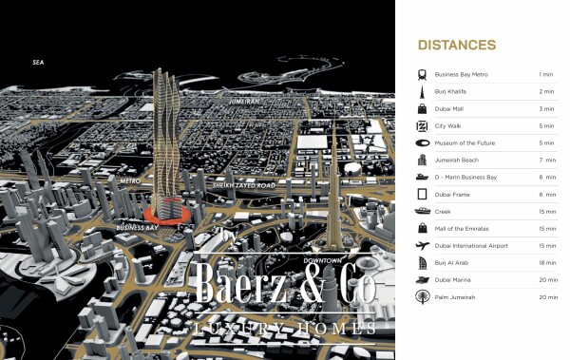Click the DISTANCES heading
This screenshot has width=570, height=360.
pyautogui.click(x=456, y=45)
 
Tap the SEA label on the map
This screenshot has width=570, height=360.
pyautogui.click(x=39, y=63)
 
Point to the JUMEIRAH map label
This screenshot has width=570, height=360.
pyautogui.click(x=246, y=99)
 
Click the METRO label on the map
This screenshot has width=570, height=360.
pyautogui.click(x=130, y=179)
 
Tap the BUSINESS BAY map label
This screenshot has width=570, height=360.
pyautogui.click(x=137, y=228)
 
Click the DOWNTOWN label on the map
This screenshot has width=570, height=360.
pyautogui.click(x=322, y=259)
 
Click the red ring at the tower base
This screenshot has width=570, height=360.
pyautogui.click(x=167, y=215)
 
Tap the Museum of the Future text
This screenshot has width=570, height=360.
pyautogui.click(x=468, y=142)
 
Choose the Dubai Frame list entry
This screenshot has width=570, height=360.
pyautogui.click(x=452, y=194)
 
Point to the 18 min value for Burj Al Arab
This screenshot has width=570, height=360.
pyautogui.click(x=545, y=262)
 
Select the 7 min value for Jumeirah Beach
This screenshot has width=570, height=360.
pyautogui.click(x=545, y=160)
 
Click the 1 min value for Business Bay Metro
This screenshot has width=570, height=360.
pyautogui.click(x=545, y=74)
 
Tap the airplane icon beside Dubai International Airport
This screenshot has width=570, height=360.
pyautogui.click(x=421, y=245)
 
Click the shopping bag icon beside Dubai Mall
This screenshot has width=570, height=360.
pyautogui.click(x=421, y=108)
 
